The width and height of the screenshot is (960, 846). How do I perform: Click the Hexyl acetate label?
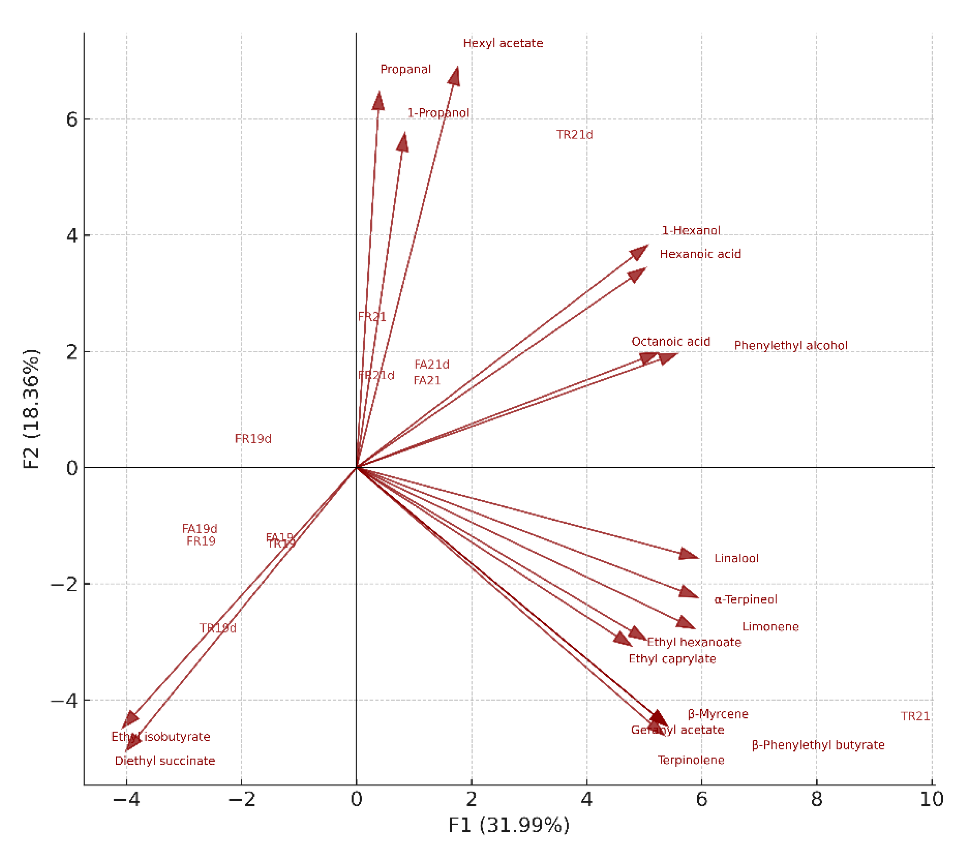click(503, 43)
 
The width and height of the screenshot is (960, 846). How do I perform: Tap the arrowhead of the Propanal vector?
click(378, 100)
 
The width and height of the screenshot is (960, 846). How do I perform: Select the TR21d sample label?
click(574, 135)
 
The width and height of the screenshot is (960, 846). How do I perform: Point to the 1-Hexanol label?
click(691, 230)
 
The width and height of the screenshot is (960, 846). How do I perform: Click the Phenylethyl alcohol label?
click(790, 345)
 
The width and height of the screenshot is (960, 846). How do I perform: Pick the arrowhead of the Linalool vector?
click(690, 555)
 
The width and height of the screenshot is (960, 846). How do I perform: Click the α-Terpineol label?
click(746, 600)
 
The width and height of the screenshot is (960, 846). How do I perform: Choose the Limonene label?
click(770, 627)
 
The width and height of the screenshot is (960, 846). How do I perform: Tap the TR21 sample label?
click(915, 716)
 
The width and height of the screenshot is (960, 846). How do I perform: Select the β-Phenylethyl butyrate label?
click(818, 745)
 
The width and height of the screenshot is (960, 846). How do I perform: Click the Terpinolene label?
click(690, 760)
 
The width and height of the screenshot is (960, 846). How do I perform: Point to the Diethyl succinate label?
click(165, 761)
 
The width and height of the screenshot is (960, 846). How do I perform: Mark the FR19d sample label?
click(253, 439)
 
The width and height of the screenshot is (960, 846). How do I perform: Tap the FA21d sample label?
click(432, 364)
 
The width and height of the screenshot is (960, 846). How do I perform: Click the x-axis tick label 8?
click(816, 799)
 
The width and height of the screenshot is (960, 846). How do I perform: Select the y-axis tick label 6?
click(71, 120)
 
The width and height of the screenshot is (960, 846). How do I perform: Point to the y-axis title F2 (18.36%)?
click(31, 409)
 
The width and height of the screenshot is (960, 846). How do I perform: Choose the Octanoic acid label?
click(670, 342)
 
